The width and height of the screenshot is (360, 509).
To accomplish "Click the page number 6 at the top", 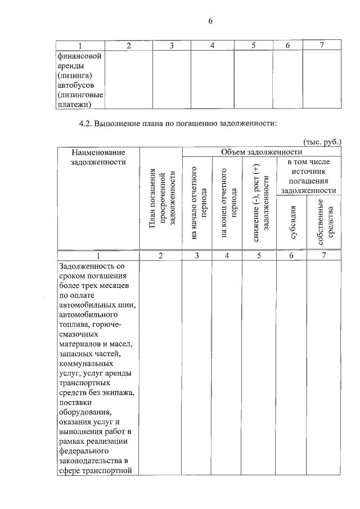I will click(x=210, y=21).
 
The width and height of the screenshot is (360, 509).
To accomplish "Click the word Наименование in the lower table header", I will click(x=98, y=152).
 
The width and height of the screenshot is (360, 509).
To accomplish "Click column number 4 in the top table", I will click(x=212, y=45).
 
